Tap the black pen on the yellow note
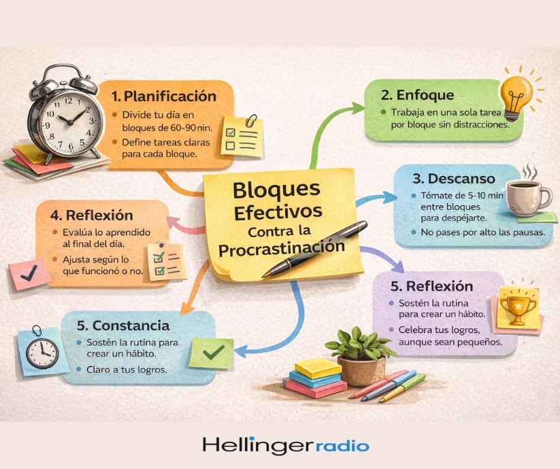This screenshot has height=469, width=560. point(314,249)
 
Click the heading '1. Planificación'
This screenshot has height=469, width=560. point(164,97)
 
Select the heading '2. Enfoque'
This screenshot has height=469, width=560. point(417,95)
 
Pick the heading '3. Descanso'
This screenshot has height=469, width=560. point(454,178)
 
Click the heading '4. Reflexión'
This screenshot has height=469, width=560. point(92,215)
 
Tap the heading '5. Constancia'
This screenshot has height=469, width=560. point(123,326)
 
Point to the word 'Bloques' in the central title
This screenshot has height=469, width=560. point(276,190)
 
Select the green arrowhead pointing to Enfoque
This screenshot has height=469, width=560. point(357,108)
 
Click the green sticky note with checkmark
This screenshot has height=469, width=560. point(211,353)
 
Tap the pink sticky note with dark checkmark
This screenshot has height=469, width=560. point(29,274)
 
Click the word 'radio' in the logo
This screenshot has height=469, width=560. point(342,446)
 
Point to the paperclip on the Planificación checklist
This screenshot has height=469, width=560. point(252,120)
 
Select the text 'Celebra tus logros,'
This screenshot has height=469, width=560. point(440,330)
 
